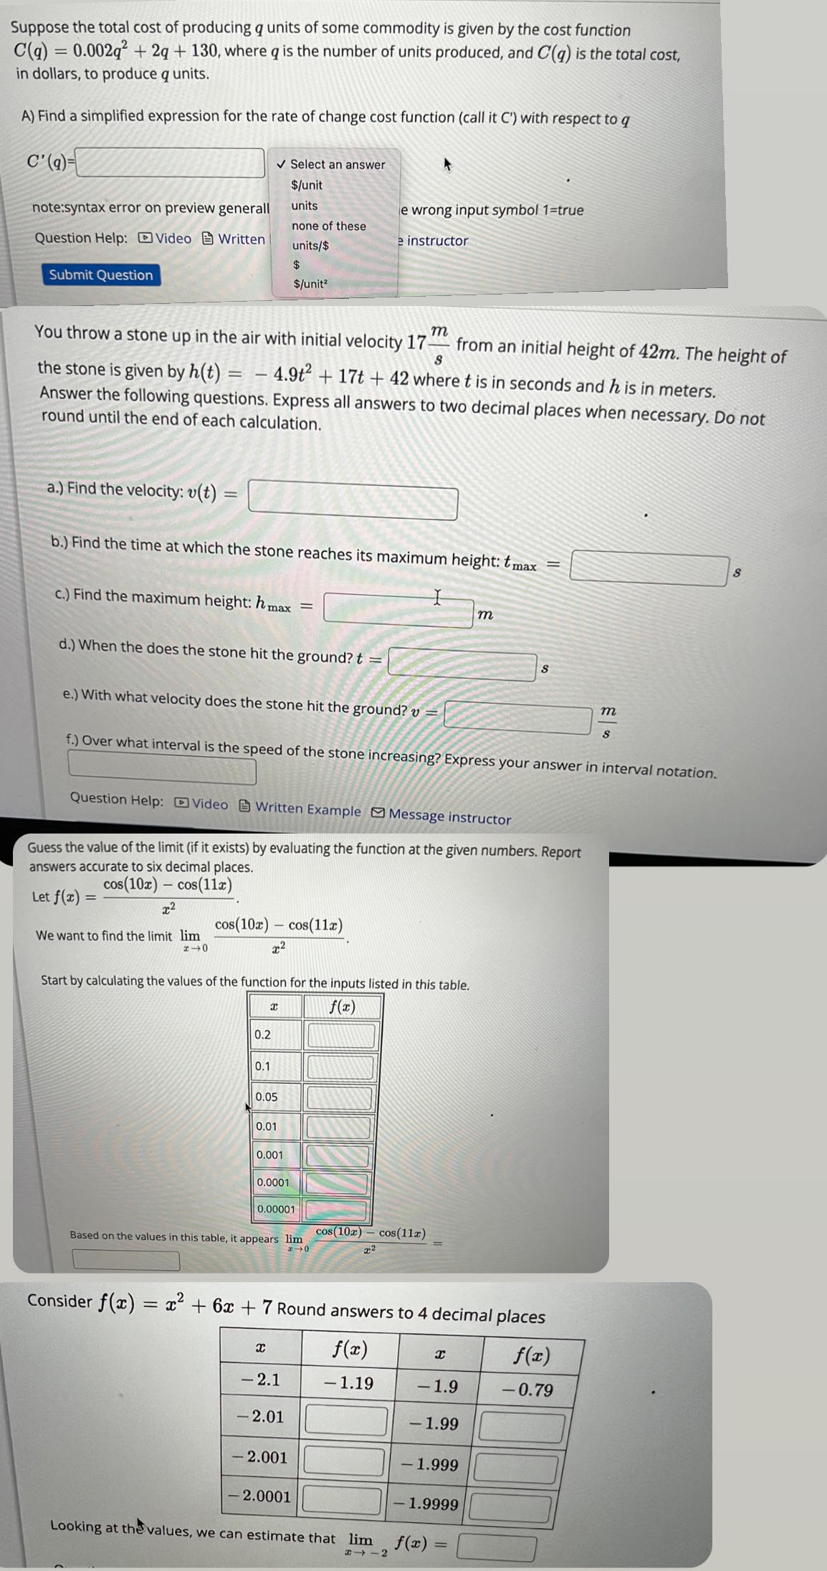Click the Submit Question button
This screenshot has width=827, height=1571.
pyautogui.click(x=101, y=275)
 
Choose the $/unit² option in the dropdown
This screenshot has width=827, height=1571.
pyautogui.click(x=310, y=284)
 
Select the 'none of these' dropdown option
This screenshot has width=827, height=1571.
pyautogui.click(x=328, y=226)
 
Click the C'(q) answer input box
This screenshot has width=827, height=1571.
pyautogui.click(x=171, y=163)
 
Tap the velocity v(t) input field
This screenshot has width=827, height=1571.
pyautogui.click(x=353, y=502)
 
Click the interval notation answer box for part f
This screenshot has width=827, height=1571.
pyautogui.click(x=162, y=770)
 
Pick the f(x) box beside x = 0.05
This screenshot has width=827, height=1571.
pyautogui.click(x=340, y=1097)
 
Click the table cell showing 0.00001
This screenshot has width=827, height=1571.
pyautogui.click(x=276, y=1209)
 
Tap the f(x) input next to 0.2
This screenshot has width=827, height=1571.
pyautogui.click(x=341, y=1036)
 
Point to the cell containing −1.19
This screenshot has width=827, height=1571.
pyautogui.click(x=348, y=1383)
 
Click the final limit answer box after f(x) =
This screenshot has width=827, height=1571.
pyautogui.click(x=497, y=1547)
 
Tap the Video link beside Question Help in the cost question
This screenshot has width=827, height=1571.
pyautogui.click(x=166, y=239)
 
